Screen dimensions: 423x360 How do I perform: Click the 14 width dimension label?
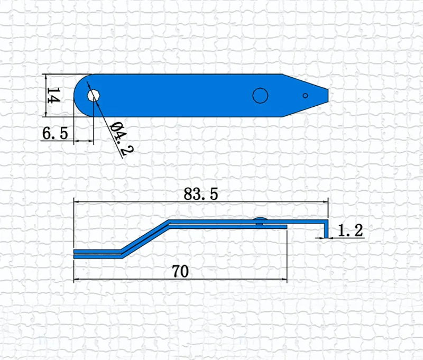pos(53,95)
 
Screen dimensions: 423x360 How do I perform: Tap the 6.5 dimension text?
pos(55,133)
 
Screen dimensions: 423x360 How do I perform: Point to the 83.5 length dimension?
pos(201,194)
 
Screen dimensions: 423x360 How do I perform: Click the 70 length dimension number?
pos(180,271)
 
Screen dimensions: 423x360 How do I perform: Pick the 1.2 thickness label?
pos(351,230)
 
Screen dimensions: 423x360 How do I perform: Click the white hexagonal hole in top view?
pos(94,96)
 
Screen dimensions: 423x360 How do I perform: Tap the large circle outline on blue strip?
pos(260,96)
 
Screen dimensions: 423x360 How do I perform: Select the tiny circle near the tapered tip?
pos(305,96)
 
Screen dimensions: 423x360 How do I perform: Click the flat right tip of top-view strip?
pos(328,96)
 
